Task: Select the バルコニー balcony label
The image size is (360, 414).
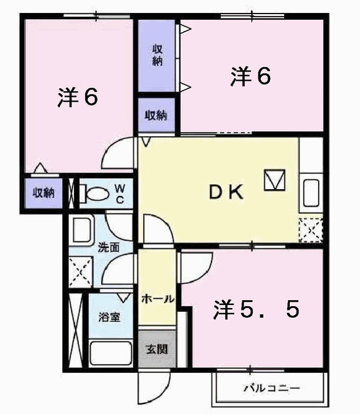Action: [x=271, y=389]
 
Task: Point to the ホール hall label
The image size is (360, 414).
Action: [x=157, y=299]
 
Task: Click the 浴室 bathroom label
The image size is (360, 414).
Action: [x=110, y=318]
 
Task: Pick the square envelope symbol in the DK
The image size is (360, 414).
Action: [x=275, y=180]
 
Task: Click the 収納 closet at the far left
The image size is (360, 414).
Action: [x=43, y=193]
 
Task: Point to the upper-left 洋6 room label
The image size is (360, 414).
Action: [x=78, y=97]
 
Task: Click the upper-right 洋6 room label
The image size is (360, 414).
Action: [x=252, y=77]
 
